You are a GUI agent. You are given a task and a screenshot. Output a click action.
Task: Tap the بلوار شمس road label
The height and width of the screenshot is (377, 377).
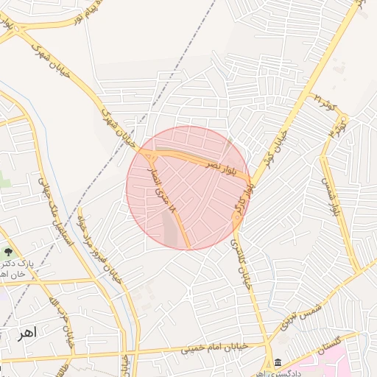click(328, 193)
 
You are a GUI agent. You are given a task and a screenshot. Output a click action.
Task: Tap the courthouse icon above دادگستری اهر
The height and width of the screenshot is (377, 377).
click(278, 362)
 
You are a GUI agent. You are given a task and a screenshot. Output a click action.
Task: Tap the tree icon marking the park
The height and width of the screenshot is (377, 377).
click(8, 253)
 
